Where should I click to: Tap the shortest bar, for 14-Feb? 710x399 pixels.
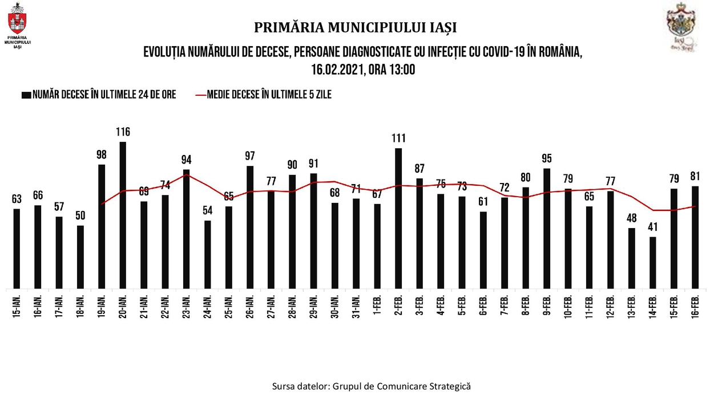pyautogui.click(x=653, y=262)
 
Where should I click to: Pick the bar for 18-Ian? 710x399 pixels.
pyautogui.click(x=80, y=256)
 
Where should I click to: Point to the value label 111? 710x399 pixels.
pyautogui.click(x=398, y=138)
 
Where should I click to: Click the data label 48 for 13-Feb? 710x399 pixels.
pyautogui.click(x=632, y=218)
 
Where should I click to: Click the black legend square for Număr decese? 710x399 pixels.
pyautogui.click(x=26, y=95)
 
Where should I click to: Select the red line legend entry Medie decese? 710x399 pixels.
pyautogui.click(x=263, y=95)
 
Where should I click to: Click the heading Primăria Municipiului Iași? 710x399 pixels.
pyautogui.click(x=355, y=27)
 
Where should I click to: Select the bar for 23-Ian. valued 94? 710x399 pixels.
pyautogui.click(x=187, y=229)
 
